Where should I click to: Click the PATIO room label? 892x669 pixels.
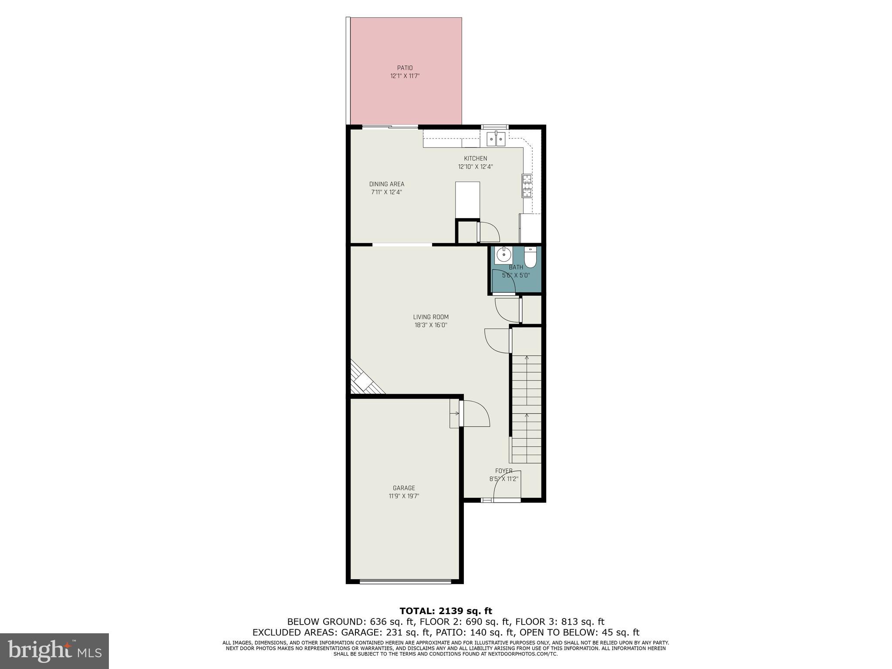pyautogui.click(x=405, y=68)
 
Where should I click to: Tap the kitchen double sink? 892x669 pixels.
pyautogui.click(x=495, y=139)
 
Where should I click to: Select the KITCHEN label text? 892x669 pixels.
pyautogui.click(x=475, y=159)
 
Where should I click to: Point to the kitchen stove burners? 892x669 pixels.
pyautogui.click(x=527, y=186)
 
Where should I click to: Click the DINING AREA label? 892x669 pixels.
pyautogui.click(x=387, y=184)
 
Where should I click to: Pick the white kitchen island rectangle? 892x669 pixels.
pyautogui.click(x=467, y=200)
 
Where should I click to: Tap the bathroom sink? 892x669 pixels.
pyautogui.click(x=503, y=253)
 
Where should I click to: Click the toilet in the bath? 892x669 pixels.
pyautogui.click(x=530, y=257)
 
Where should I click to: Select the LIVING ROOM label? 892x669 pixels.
pyautogui.click(x=431, y=317)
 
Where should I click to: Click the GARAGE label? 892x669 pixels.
pyautogui.click(x=404, y=488)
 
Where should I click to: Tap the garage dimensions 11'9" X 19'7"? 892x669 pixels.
pyautogui.click(x=404, y=496)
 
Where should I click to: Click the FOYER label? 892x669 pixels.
pyautogui.click(x=503, y=471)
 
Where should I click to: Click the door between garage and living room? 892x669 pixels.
pyautogui.click(x=474, y=413)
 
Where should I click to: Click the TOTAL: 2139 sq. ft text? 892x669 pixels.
pyautogui.click(x=446, y=611)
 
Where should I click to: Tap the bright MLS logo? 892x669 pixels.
pyautogui.click(x=54, y=651)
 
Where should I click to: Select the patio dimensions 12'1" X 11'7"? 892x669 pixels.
pyautogui.click(x=405, y=76)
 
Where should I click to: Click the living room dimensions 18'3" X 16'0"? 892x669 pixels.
pyautogui.click(x=431, y=325)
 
